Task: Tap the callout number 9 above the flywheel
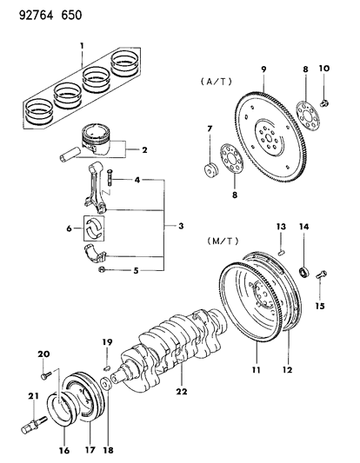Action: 262,69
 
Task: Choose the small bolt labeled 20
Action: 43,375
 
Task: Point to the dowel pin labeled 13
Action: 283,253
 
